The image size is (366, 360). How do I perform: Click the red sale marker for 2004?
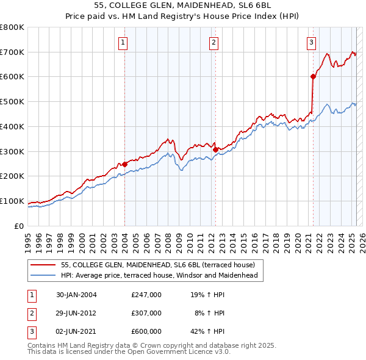click(124, 164)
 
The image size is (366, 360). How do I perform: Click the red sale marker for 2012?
click(215, 149)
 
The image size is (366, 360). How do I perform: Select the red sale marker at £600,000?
click(313, 76)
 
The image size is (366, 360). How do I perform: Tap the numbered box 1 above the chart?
click(123, 42)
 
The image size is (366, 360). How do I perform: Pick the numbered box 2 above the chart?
click(214, 42)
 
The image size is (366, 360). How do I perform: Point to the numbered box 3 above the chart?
click(312, 42)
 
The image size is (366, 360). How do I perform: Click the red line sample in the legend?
click(43, 265)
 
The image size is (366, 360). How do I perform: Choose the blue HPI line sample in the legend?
click(43, 276)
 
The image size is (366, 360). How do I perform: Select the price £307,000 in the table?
click(146, 313)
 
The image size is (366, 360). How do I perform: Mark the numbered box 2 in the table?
click(31, 313)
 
